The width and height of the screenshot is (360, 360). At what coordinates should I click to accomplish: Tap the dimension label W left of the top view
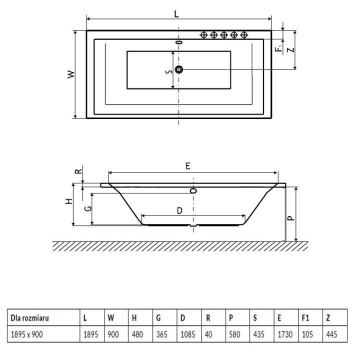pos(71,74)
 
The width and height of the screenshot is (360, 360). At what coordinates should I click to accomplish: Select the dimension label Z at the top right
pos(290,49)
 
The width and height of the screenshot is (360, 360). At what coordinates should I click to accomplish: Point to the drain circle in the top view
pos(179,69)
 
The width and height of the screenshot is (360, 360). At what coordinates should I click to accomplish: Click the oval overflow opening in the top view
pos(179,42)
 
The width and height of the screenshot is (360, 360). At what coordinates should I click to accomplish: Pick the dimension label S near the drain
pos(169,71)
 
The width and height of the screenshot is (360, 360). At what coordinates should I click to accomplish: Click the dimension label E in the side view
pos(187,166)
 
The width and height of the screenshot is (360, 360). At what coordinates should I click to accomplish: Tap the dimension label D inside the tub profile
pos(179,211)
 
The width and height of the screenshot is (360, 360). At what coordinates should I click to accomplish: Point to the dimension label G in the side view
pos(87,207)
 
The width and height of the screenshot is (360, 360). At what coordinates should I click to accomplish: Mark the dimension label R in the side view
pos(78,170)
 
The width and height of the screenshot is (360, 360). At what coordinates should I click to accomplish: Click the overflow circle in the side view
pos(194,190)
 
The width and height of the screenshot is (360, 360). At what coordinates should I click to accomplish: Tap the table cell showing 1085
pos(186,335)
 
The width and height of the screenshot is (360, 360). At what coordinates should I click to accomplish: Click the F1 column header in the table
pos(305,317)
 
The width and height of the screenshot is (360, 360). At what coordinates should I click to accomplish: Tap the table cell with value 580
pos(234,335)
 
